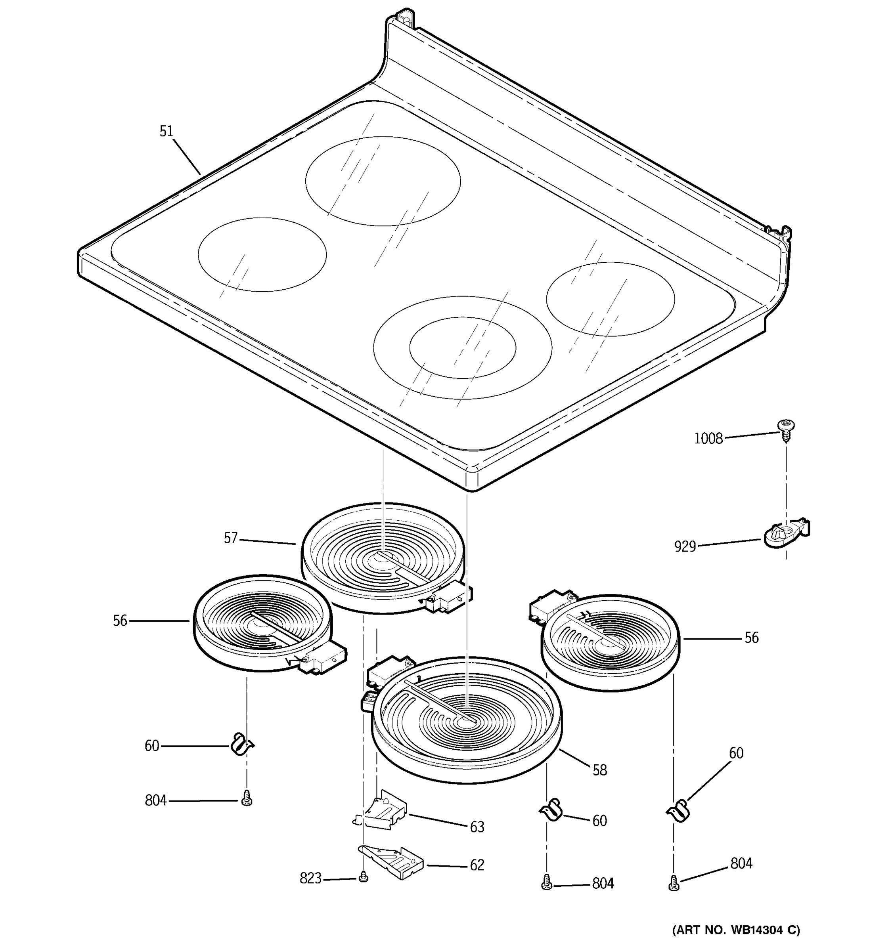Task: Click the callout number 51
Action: coord(166,131)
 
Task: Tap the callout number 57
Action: coord(231,538)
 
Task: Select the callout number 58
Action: coord(599,770)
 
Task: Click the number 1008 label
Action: coord(708,439)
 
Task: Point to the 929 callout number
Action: coord(685,546)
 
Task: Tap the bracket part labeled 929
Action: coord(785,534)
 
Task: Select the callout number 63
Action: coord(477,827)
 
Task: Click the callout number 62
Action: coord(477,865)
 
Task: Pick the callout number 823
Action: coord(310,878)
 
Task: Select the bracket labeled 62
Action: coord(392,863)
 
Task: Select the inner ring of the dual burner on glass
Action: coord(462,348)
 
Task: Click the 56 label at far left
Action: coord(120,621)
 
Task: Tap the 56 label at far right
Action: coord(751,638)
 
